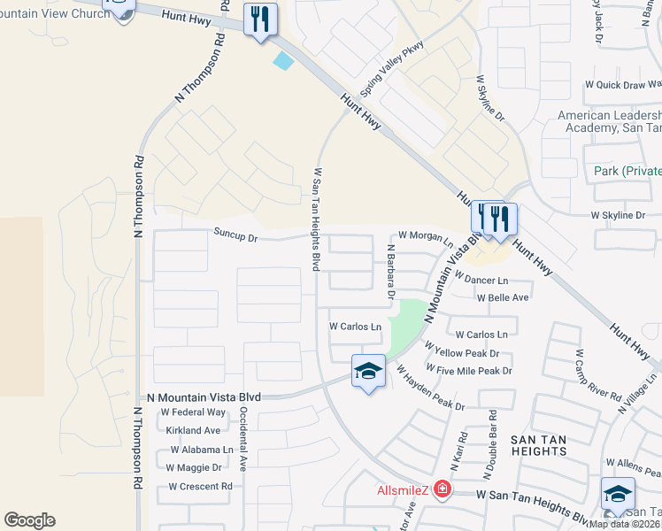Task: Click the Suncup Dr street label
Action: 235,237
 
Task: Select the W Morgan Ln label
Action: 425,235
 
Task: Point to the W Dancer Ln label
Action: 481,279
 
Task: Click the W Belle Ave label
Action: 503,298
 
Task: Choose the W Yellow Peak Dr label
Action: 463,353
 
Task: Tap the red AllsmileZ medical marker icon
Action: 441,489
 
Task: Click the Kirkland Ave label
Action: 193,430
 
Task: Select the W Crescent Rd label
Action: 200,487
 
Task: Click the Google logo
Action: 29,520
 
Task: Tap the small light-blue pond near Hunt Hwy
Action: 283,61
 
